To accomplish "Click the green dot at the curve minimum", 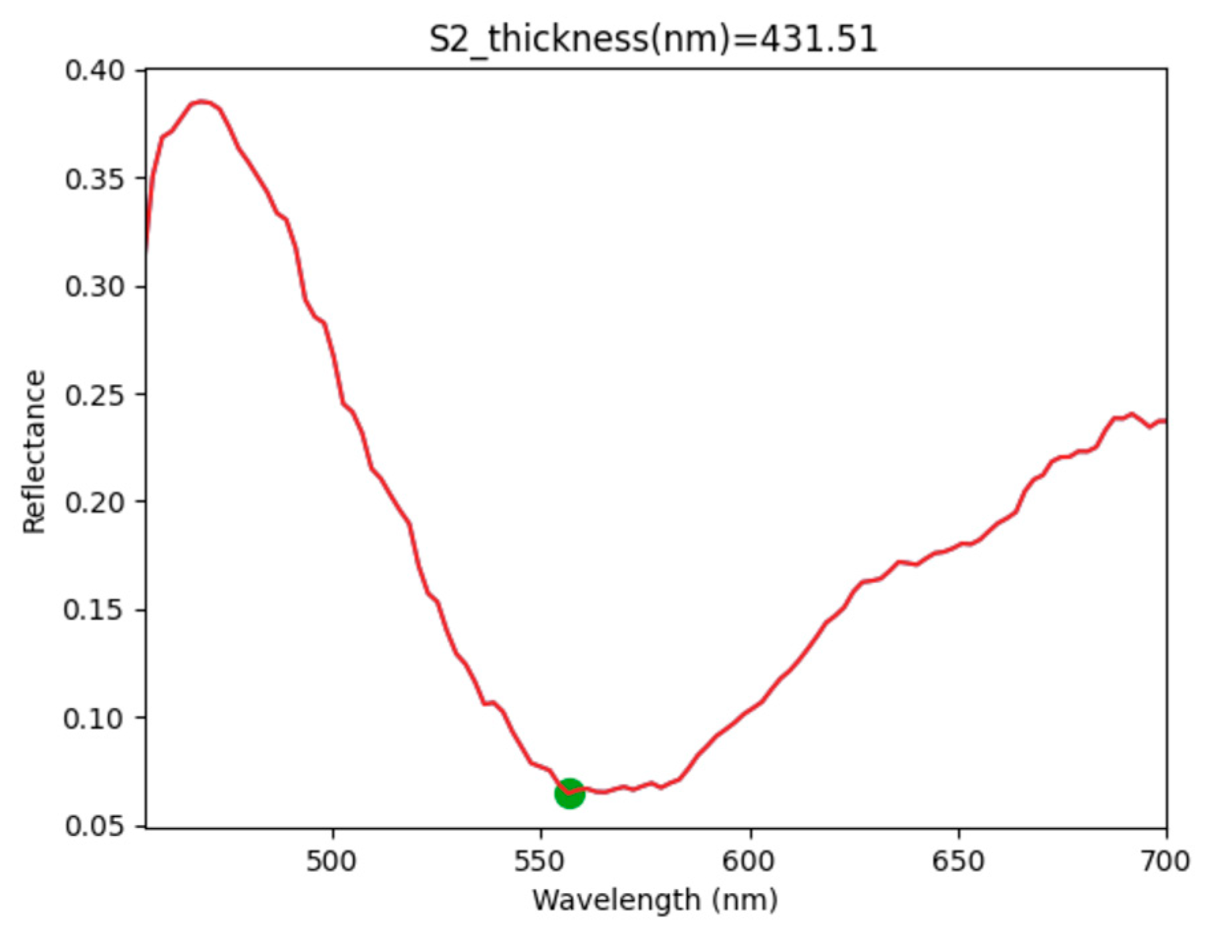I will pos(569,793).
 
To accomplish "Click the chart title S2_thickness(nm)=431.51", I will pos(653,39).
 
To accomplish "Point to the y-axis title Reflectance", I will pos(34,452).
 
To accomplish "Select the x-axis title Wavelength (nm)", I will pos(655,900).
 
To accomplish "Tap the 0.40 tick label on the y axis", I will pos(95,70).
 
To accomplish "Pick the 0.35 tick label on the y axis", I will pos(95,178).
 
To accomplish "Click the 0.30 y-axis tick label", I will pos(95,286).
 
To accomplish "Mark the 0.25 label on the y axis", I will pos(95,394).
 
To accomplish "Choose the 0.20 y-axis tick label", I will pos(95,502).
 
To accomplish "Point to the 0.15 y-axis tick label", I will pos(95,610).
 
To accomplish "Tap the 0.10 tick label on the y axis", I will pos(95,718).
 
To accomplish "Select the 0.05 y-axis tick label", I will pos(95,826).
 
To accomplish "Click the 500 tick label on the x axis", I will pos(332,861).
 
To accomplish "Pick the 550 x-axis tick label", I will pos(541,861).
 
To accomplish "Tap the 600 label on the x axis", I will pos(750,861).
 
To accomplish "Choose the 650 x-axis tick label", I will pos(958,861).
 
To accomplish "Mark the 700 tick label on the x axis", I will pos(1165,861).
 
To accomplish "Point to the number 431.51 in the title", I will pos(819,39).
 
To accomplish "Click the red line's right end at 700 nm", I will pos(1165,421).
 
